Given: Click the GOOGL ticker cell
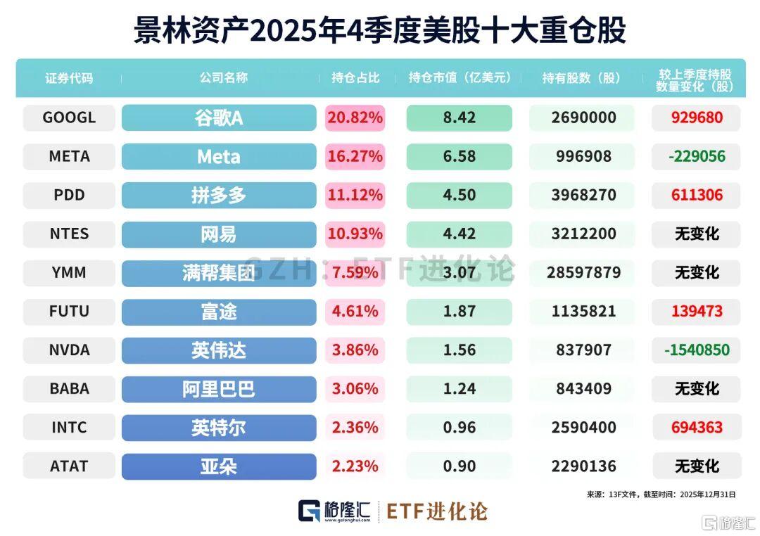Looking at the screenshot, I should [69, 118].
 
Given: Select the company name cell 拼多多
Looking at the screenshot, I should [219, 196].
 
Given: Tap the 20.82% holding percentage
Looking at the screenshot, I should [355, 118].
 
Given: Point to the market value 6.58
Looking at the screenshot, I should [459, 157].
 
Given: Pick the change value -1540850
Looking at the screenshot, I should [696, 350].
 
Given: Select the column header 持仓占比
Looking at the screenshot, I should [355, 78].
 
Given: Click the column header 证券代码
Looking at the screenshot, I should [69, 78].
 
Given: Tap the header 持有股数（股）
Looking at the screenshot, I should [581, 78].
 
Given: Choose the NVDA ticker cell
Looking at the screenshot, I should [69, 350].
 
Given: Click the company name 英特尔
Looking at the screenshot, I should [219, 427].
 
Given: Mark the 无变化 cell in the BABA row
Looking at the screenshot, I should [696, 388].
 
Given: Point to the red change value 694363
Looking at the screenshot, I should [696, 427].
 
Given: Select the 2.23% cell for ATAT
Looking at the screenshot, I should [355, 466].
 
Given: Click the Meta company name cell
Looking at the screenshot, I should [219, 157].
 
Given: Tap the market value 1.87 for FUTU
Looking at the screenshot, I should [459, 311].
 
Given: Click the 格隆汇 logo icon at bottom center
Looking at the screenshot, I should [310, 511].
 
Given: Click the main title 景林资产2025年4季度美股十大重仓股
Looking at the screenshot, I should [380, 32].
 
